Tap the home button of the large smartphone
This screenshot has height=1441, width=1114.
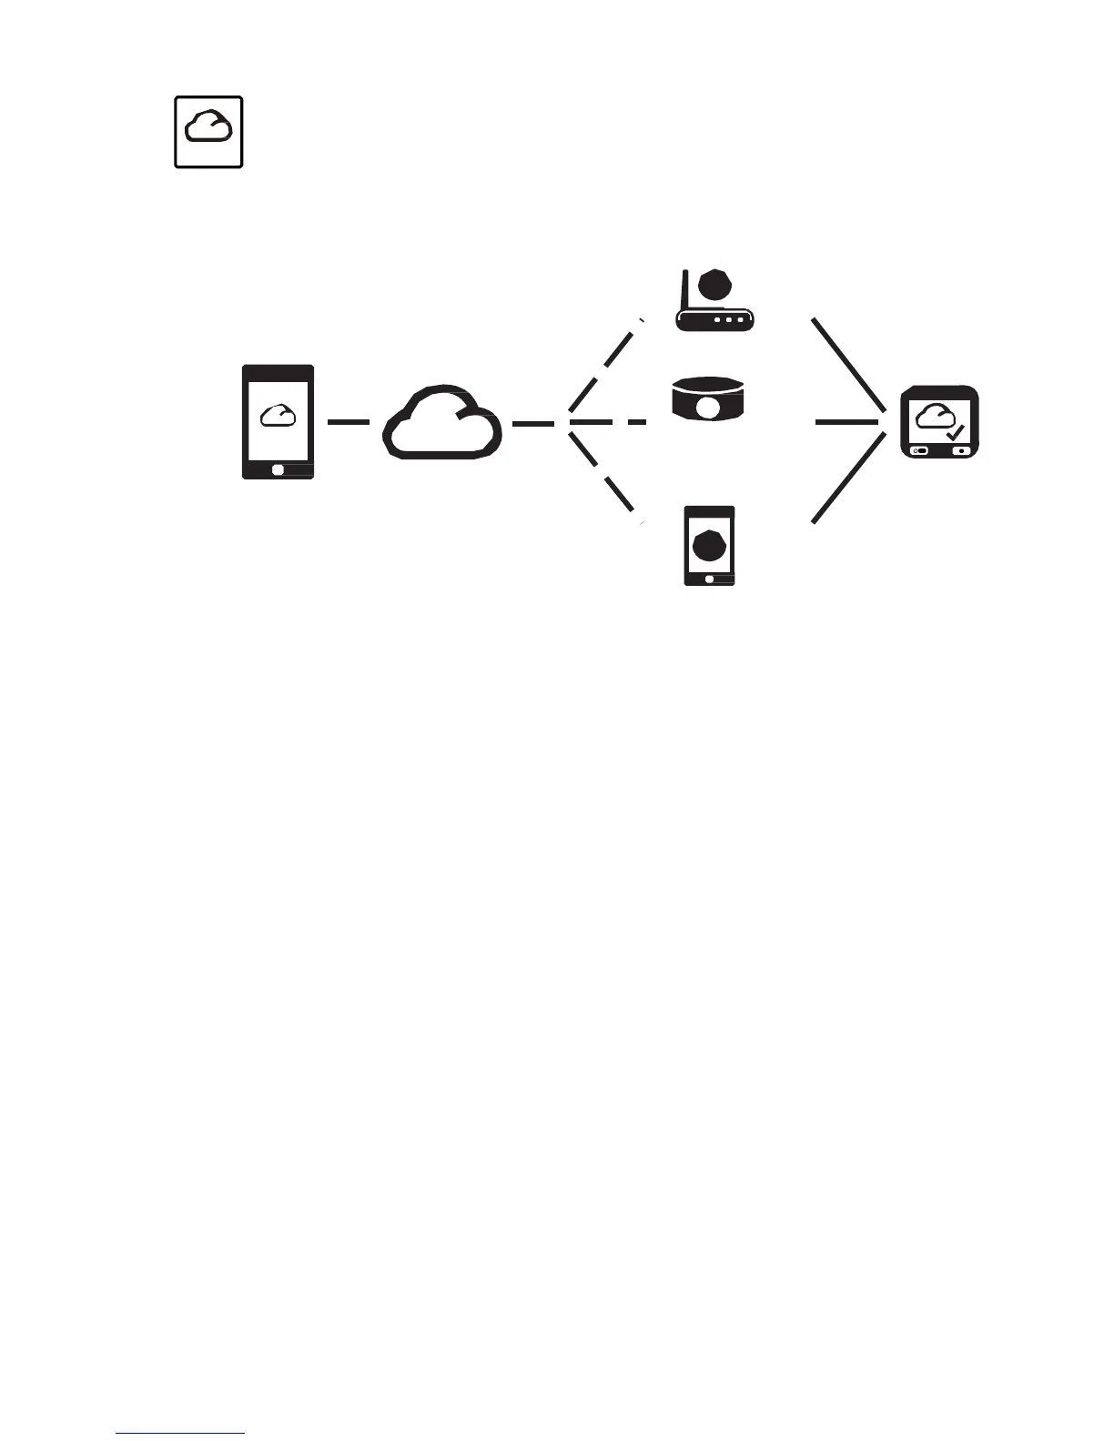click(278, 469)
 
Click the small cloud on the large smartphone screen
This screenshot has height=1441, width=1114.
click(278, 415)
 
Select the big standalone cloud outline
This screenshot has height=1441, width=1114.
click(442, 422)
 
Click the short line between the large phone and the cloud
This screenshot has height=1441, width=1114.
click(348, 422)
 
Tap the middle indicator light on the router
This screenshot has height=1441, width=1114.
click(729, 320)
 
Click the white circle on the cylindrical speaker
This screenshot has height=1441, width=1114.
click(707, 409)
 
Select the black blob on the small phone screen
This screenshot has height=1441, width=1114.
click(710, 545)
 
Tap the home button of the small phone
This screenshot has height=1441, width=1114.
click(710, 579)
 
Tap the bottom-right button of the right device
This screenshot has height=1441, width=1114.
click(960, 450)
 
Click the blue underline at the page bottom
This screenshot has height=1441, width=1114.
click(181, 1434)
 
